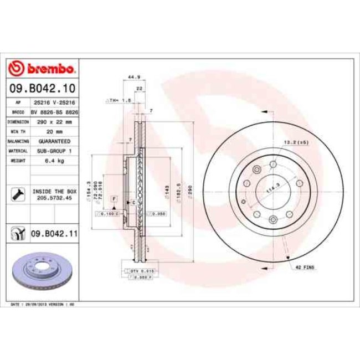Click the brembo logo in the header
point(42,69)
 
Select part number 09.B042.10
point(42,88)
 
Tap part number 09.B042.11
point(54,234)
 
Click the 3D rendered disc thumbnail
point(42,272)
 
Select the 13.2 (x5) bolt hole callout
point(297,142)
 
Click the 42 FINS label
point(305,267)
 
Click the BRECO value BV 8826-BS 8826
point(54,111)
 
